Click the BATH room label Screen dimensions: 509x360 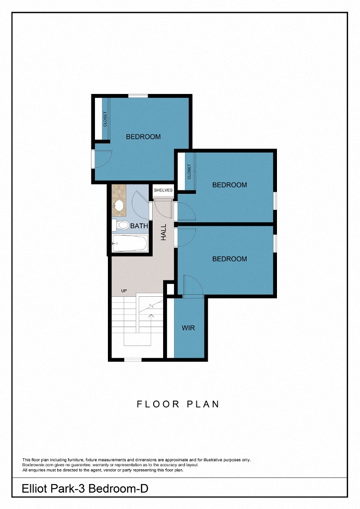coord(139,226)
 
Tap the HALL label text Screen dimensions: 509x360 coord(164,232)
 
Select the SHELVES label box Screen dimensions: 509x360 coord(163,190)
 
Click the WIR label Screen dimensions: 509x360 coord(188,328)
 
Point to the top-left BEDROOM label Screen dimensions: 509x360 coord(143,137)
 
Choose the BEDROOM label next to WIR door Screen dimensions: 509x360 coord(229,259)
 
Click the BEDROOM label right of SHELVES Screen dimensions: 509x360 coord(229,185)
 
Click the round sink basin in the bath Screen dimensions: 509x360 coord(119,205)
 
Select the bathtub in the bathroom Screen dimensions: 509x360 coord(130,244)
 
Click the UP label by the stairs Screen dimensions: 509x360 coord(124,291)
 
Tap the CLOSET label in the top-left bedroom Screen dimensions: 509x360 coord(105,119)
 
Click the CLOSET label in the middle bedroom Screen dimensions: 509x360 coord(189,172)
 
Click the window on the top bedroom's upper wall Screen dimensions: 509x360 coord(138,95)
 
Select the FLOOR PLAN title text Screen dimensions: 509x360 coord(178,404)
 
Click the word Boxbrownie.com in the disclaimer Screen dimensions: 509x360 coord(38,465)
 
